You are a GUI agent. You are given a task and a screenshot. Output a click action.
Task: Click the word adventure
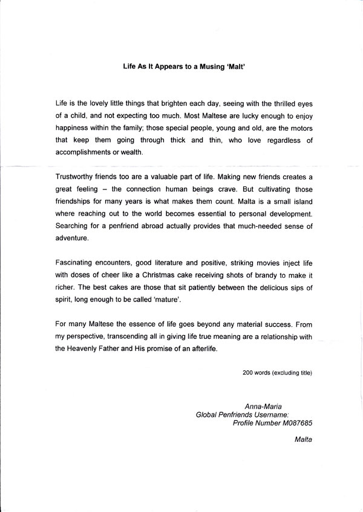tap(71, 238)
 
